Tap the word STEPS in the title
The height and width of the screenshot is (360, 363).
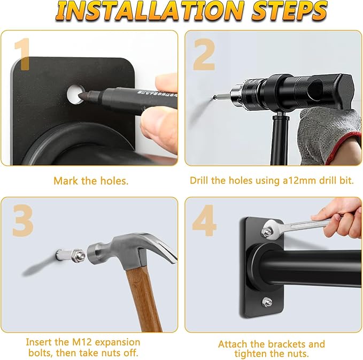pyautogui.click(x=290, y=11)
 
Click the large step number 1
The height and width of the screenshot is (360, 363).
pyautogui.click(x=22, y=54)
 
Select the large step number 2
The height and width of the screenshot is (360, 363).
pyautogui.click(x=204, y=55)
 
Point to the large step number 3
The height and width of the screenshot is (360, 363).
pyautogui.click(x=23, y=220)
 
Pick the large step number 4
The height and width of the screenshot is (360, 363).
pyautogui.click(x=204, y=220)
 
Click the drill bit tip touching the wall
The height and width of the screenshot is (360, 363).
pyautogui.click(x=215, y=97)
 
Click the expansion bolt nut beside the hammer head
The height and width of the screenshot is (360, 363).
pyautogui.click(x=78, y=256)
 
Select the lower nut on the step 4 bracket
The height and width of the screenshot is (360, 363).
pyautogui.click(x=267, y=302)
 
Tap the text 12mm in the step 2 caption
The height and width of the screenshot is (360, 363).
pyautogui.click(x=302, y=180)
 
